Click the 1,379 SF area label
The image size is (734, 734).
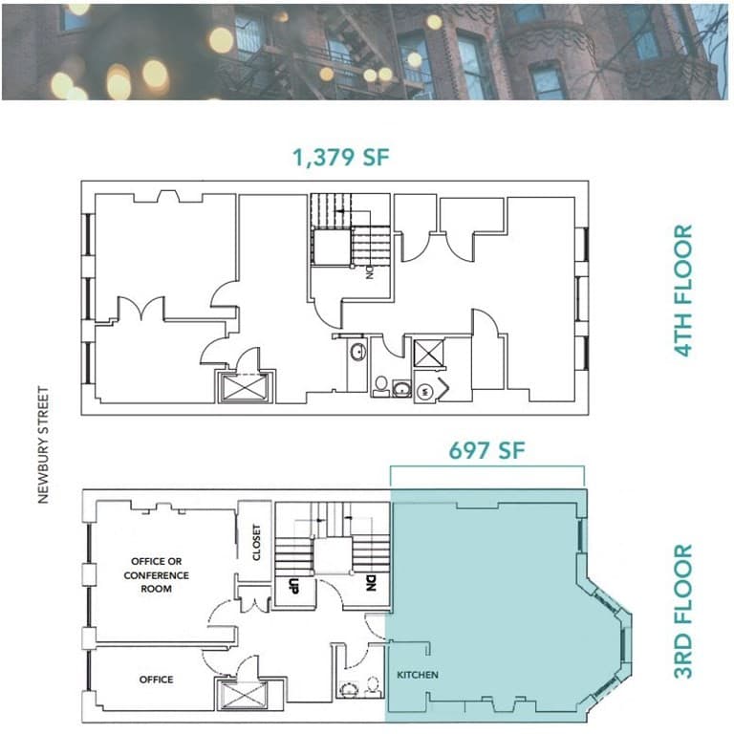341,158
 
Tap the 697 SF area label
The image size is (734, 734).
486,450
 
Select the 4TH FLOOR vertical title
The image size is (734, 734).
683,291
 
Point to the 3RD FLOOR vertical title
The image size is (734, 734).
683,611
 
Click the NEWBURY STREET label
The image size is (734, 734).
43,444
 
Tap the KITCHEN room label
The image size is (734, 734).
418,675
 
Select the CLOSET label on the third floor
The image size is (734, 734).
256,542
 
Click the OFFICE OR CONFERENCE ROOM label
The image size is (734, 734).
157,574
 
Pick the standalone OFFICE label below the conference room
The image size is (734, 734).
157,680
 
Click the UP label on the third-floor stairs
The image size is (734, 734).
293,586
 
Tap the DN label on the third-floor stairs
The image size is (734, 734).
371,583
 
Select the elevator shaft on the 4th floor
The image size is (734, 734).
245,388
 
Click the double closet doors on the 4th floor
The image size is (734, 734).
140,308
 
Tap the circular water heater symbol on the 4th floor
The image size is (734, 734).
425,391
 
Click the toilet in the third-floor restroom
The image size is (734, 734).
373,685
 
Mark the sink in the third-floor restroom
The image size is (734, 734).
348,689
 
